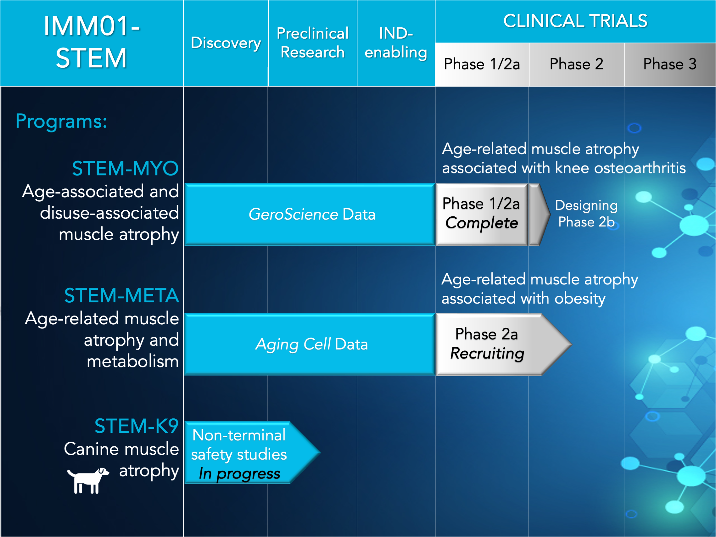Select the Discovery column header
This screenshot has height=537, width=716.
tap(226, 43)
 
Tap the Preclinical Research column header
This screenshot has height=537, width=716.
tap(313, 43)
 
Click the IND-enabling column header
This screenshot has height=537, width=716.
tap(396, 43)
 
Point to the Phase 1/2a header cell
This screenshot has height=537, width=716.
tap(482, 64)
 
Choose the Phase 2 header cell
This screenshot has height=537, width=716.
tap(577, 64)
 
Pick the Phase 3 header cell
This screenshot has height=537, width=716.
tap(670, 64)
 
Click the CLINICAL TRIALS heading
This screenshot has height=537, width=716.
tap(575, 21)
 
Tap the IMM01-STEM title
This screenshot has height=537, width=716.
tap(92, 42)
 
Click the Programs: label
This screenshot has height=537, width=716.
tap(61, 121)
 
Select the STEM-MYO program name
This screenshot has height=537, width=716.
tap(125, 169)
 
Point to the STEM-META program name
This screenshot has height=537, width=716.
tap(121, 295)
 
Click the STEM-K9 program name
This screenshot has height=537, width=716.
tap(137, 426)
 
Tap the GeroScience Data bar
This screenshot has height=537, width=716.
tap(310, 214)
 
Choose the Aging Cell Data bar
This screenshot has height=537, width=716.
tap(310, 344)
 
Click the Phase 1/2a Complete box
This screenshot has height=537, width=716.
tap(482, 214)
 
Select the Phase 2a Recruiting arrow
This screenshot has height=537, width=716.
tap(503, 344)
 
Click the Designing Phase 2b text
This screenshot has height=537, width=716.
tap(586, 214)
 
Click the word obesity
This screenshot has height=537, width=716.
tap(580, 299)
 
